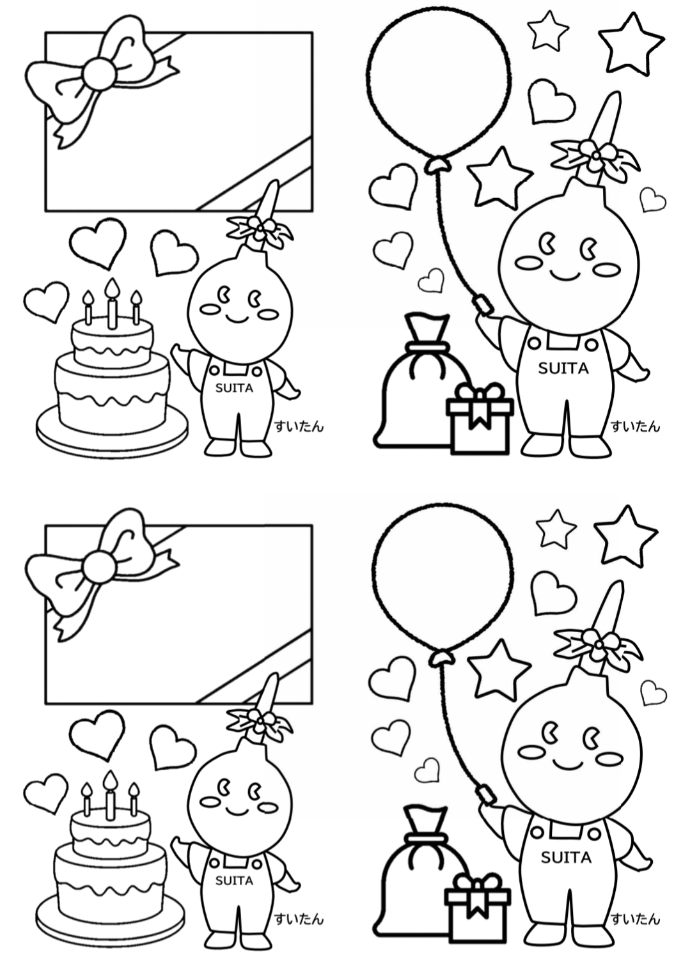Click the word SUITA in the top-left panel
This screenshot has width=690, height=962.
pos(234,388)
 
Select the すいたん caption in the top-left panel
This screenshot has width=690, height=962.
pos(299,426)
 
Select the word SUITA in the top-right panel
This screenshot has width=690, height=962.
pos(563,368)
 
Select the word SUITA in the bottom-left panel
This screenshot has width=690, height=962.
pos(234,881)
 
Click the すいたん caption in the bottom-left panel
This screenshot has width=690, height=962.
pos(299,919)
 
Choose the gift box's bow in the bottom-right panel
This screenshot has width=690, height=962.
pos(478,885)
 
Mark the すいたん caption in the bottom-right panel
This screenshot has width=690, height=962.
pos(635,919)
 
